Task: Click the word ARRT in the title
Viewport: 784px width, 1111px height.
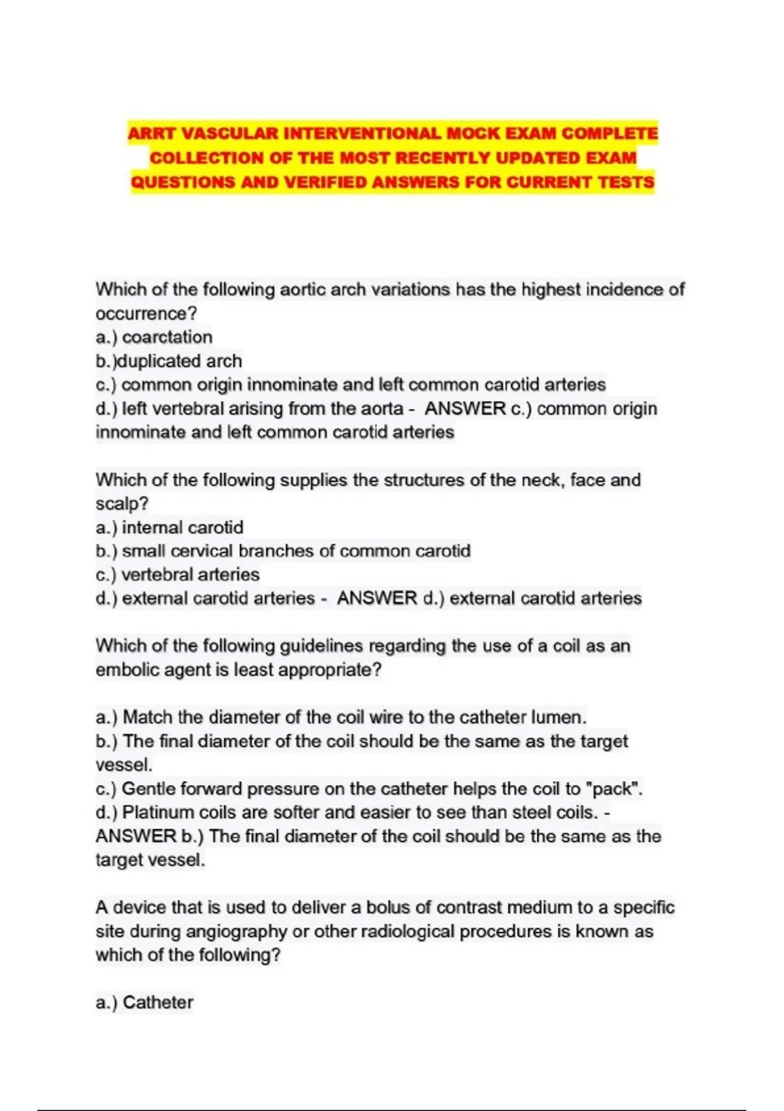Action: (151, 134)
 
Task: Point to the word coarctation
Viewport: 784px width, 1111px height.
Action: (167, 337)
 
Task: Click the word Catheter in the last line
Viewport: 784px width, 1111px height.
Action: (158, 1003)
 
